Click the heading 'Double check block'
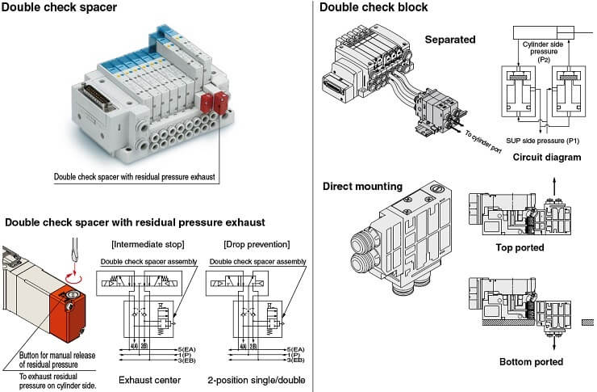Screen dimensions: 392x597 coord(374,8)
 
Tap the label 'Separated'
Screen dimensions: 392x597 coord(450,39)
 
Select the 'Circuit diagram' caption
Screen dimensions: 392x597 coord(546,157)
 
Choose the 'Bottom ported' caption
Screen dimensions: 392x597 coord(530,361)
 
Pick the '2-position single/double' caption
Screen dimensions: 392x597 coord(256,379)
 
